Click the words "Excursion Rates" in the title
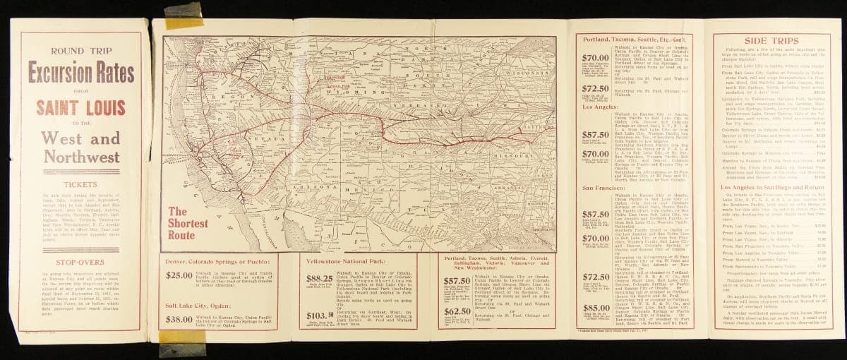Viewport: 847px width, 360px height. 81,72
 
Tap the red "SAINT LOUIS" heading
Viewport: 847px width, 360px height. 81,108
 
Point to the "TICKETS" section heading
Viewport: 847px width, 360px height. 80,185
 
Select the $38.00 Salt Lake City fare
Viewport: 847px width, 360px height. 179,319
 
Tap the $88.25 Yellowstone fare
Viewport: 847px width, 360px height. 319,279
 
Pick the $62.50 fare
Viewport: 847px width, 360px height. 457,311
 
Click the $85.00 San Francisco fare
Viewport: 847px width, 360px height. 595,308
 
